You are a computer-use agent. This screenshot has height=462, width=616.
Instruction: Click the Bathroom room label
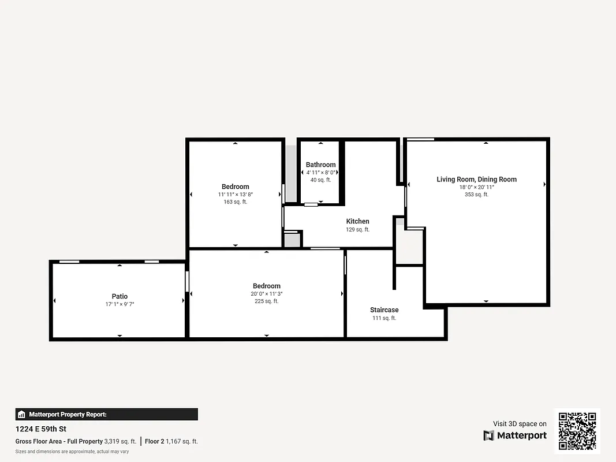pos(320,165)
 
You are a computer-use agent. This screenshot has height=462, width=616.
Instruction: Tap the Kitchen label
pos(357,221)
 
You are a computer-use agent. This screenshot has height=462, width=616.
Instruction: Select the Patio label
pos(120,296)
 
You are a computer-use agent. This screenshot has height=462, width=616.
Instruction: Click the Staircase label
pos(384,310)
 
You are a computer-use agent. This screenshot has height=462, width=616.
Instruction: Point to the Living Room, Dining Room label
pos(476,180)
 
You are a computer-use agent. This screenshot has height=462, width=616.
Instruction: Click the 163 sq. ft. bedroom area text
pos(235,202)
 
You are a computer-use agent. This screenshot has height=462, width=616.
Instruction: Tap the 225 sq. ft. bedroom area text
pos(266,301)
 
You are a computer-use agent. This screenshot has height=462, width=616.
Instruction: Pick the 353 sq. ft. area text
pos(476,195)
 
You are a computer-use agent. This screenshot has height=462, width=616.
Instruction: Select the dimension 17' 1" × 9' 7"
pos(120,304)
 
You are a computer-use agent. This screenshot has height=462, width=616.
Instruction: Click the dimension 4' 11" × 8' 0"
pos(320,172)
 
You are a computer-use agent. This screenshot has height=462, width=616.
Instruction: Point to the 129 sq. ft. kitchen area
pos(357,229)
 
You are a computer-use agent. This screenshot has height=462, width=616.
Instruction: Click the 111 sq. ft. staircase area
pos(384,318)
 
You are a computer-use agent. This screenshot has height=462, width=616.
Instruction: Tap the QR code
pos(577,431)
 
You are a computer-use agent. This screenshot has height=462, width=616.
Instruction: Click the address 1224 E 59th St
pos(41,429)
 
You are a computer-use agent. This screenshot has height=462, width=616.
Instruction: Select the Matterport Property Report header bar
pos(107,414)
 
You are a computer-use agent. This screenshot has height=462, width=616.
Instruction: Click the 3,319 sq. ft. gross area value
pos(120,441)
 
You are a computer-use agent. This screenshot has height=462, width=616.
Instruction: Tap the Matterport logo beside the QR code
pos(515,435)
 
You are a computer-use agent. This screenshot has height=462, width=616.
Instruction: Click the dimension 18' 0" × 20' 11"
pos(476,187)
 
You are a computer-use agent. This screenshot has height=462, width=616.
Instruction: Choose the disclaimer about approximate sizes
pos(72,452)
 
